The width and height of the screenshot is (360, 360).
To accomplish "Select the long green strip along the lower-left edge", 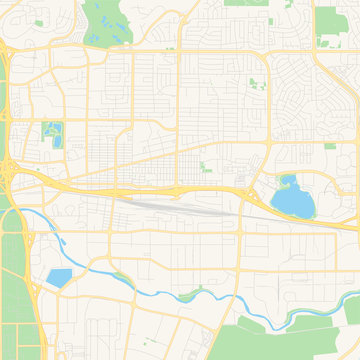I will [12, 270].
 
